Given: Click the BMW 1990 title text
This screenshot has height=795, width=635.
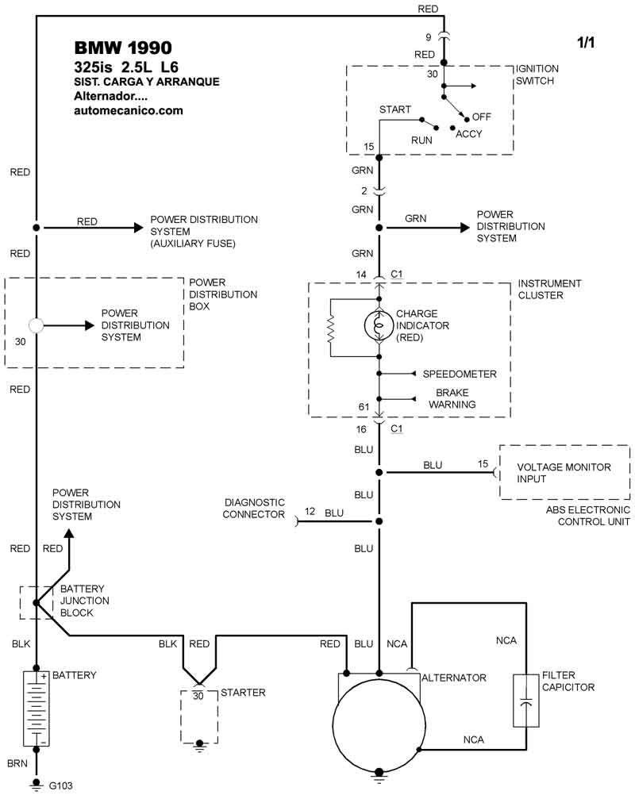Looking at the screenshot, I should [122, 48].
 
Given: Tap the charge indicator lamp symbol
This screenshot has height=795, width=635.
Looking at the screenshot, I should [379, 325].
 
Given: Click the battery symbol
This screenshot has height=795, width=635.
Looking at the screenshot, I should [36, 709].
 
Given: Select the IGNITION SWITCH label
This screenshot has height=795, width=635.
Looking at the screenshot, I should [537, 75].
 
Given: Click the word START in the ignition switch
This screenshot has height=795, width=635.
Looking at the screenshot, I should [395, 109].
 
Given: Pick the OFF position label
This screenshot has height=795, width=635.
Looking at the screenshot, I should [482, 117].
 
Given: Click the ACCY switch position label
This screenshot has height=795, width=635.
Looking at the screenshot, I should [468, 134].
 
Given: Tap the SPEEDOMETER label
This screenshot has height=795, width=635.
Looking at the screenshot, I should [460, 374].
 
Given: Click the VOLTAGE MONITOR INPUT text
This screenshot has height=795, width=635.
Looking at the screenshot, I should [564, 473].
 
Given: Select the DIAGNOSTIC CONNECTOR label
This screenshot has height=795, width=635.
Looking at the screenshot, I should [254, 509].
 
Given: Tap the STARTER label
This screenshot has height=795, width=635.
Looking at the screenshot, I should [243, 693].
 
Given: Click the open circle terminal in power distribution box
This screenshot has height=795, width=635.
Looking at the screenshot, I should [36, 325].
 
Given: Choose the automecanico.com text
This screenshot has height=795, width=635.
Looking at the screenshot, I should [128, 111].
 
